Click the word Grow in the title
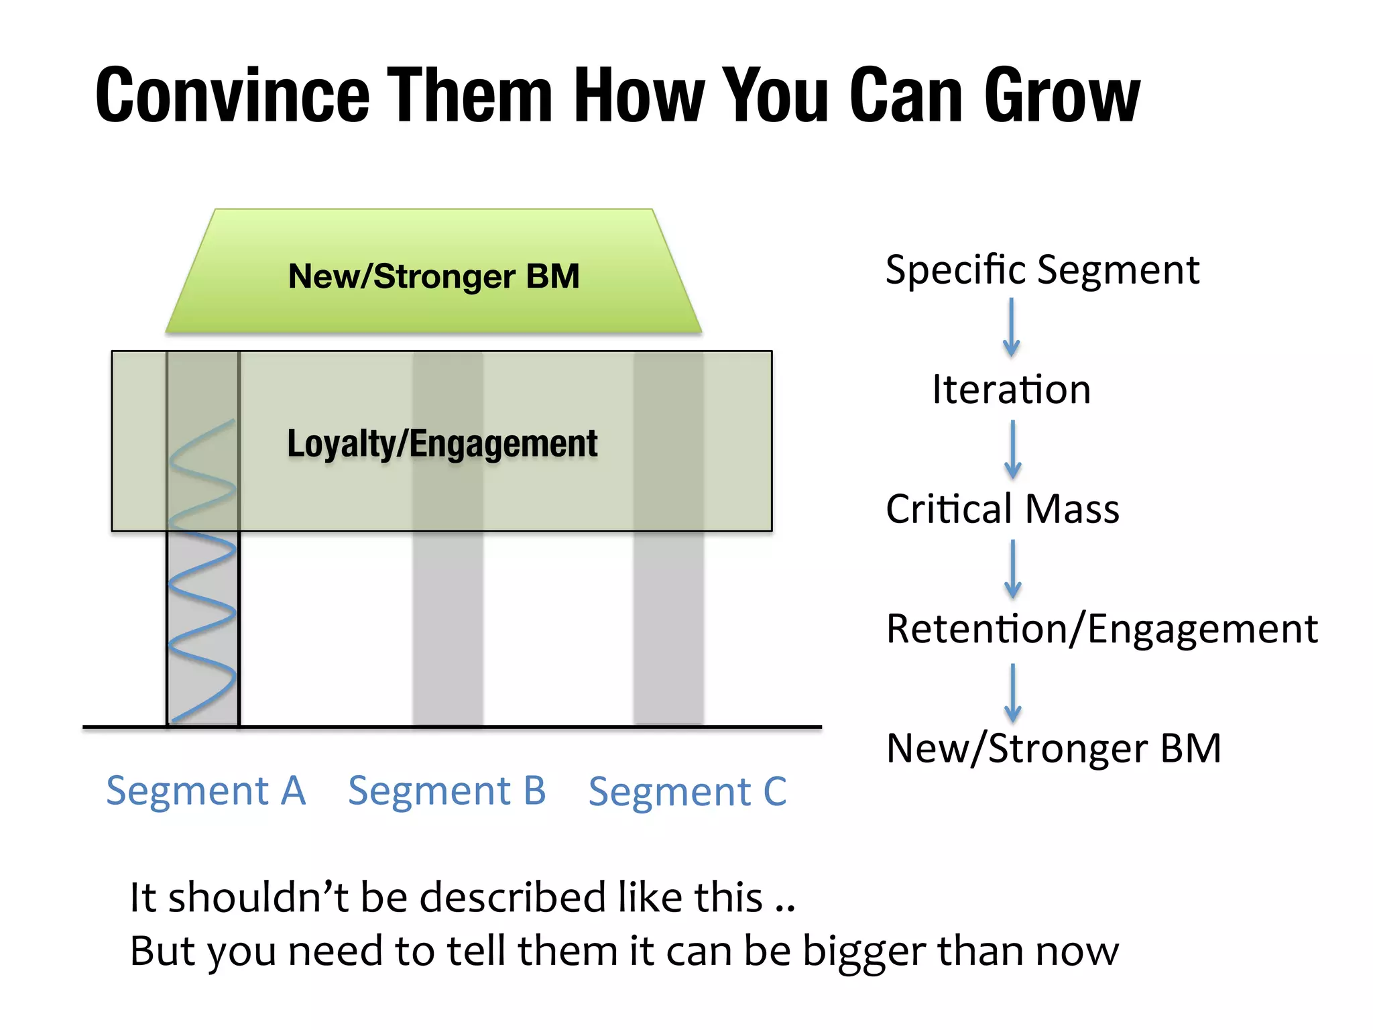tap(1061, 96)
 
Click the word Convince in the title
tap(233, 96)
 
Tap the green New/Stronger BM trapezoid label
tap(434, 276)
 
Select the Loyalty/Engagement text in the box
tap(442, 444)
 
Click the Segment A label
tap(206, 791)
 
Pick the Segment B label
tap(447, 791)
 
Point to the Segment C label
tap(687, 792)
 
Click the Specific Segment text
tap(1042, 270)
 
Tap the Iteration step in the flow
tap(1011, 390)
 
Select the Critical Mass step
tap(1002, 509)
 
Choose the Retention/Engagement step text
tap(1101, 629)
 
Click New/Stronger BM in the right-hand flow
tap(1053, 748)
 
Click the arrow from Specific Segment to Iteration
tap(1012, 328)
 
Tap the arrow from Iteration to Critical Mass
tap(1013, 449)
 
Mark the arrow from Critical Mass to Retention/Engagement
tap(1013, 569)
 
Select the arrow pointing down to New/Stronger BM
tap(1013, 693)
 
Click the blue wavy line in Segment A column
tap(202, 583)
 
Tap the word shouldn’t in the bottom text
tap(258, 897)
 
